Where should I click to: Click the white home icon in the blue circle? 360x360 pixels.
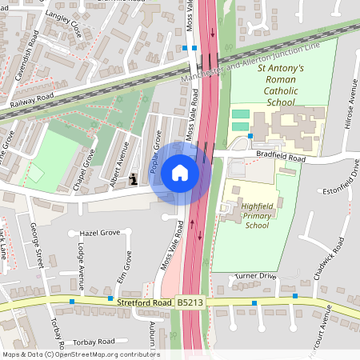[x=180, y=173]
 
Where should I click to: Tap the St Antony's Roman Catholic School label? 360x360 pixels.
[x=281, y=86]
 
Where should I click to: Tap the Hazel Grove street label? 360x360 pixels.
[x=99, y=233]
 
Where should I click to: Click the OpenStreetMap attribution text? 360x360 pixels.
[x=80, y=354]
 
